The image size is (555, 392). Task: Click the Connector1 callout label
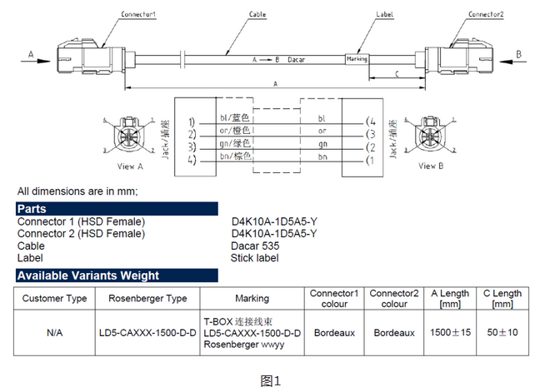[138, 14]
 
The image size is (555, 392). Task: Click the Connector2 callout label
[486, 14]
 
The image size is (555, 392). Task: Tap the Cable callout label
[257, 14]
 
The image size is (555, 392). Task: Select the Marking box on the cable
[357, 59]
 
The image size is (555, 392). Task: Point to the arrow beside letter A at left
[35, 61]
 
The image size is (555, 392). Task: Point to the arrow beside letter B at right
[513, 62]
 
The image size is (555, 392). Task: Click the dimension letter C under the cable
[397, 74]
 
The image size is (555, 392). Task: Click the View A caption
[130, 166]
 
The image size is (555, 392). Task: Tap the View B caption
[431, 166]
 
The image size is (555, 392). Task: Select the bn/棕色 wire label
[235, 156]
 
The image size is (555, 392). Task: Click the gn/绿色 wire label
[235, 143]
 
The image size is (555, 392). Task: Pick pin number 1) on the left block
[192, 122]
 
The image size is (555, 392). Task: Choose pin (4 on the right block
[371, 122]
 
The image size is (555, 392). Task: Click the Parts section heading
[32, 209]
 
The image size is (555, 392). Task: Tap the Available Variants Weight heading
[88, 275]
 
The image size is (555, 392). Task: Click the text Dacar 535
[255, 246]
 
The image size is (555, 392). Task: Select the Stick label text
[254, 258]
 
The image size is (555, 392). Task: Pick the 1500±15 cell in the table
[450, 332]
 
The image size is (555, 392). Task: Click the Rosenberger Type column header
[147, 298]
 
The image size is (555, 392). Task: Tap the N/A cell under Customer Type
[54, 333]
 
